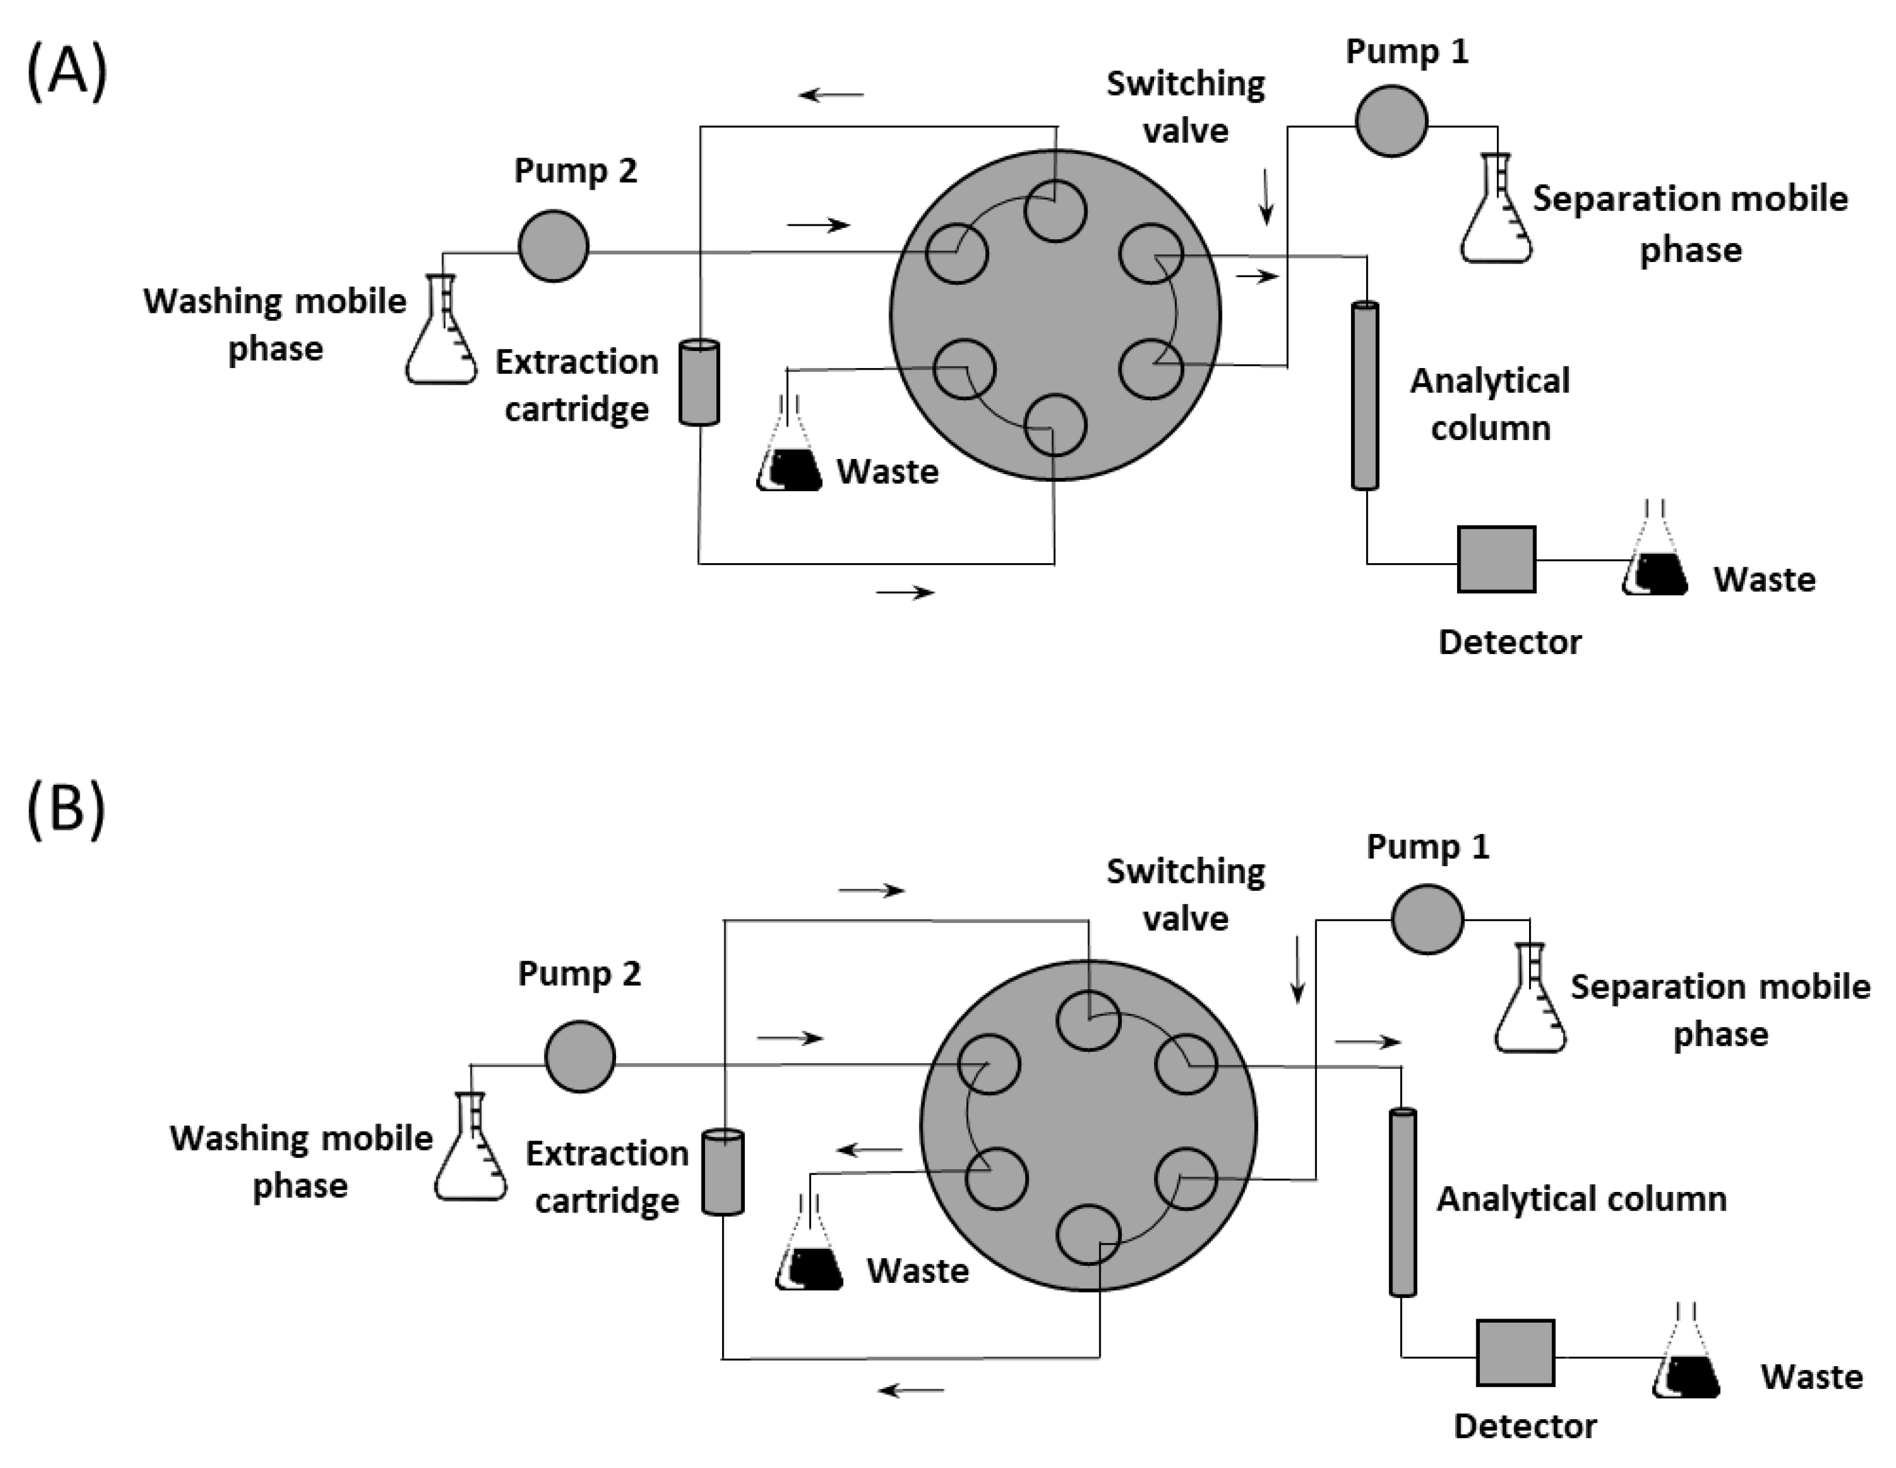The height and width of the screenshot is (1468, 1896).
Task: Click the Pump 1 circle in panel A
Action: click(1391, 121)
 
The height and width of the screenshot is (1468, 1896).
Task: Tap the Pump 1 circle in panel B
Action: click(1427, 918)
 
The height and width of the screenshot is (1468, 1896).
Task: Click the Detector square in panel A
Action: click(1496, 559)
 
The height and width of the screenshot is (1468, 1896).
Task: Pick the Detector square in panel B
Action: click(1516, 1353)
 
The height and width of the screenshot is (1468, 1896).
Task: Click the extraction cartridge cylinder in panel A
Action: click(699, 382)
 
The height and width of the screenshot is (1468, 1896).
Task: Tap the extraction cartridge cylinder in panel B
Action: click(722, 1172)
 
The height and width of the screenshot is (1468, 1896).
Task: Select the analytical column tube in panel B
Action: click(1402, 1203)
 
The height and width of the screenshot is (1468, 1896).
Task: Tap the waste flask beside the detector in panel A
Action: click(1655, 556)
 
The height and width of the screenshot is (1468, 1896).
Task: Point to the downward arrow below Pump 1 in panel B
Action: click(1298, 969)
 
